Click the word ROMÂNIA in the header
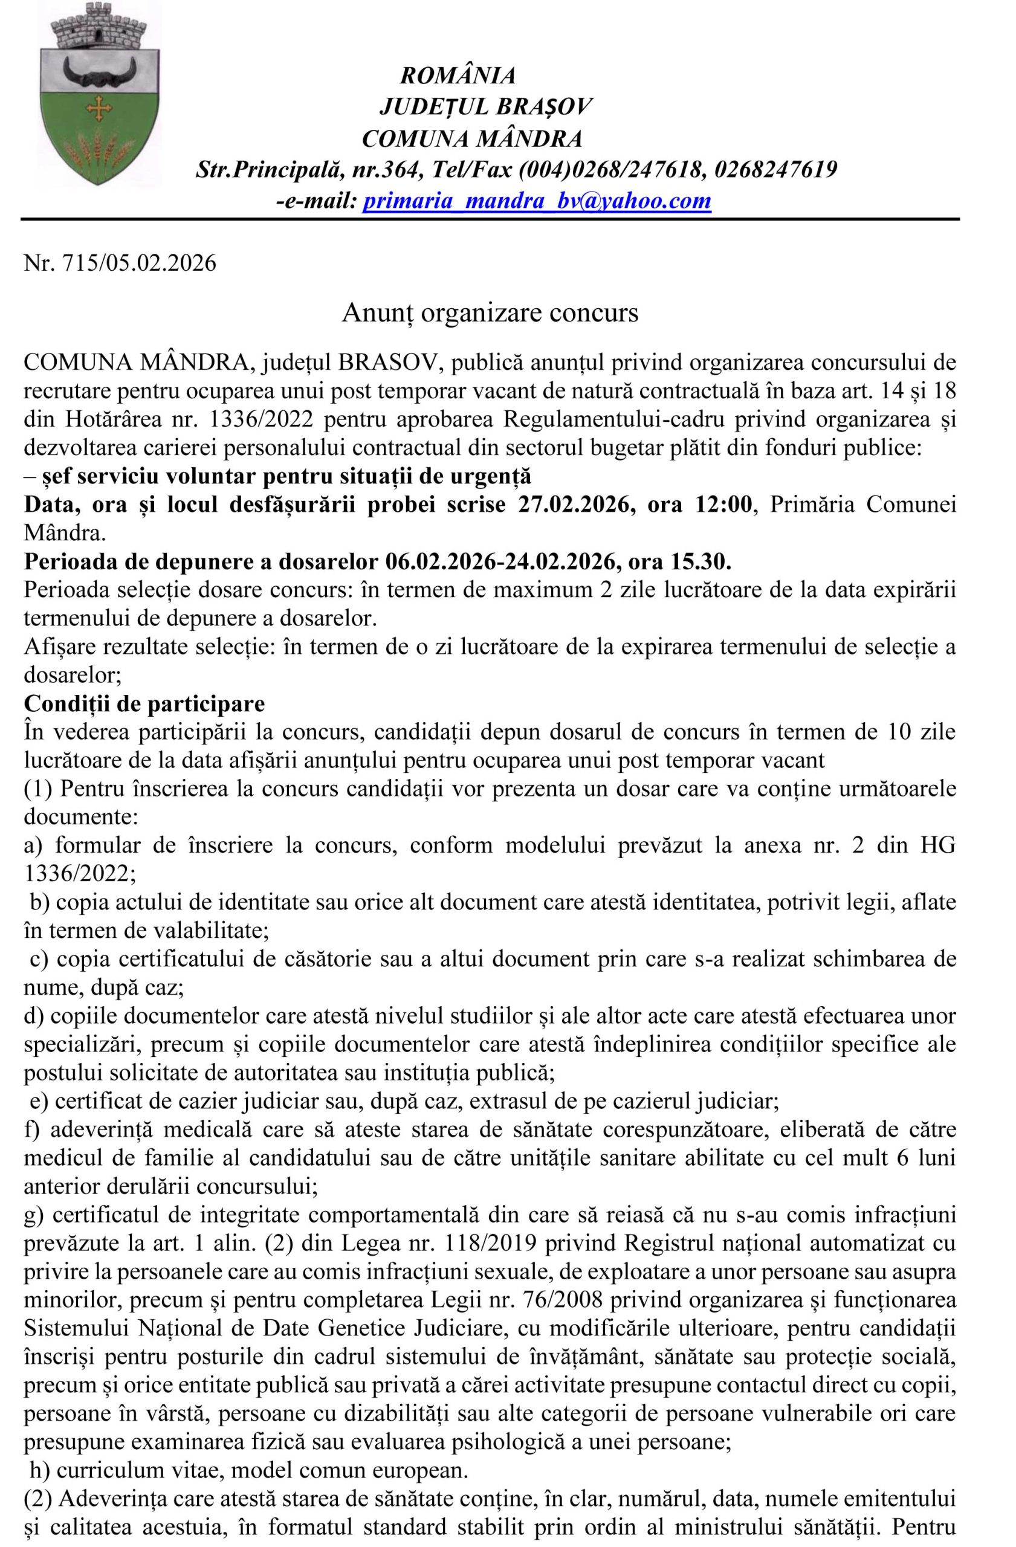pyautogui.click(x=458, y=76)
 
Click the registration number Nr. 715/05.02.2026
pyautogui.click(x=120, y=264)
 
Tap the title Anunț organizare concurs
pyautogui.click(x=490, y=313)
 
